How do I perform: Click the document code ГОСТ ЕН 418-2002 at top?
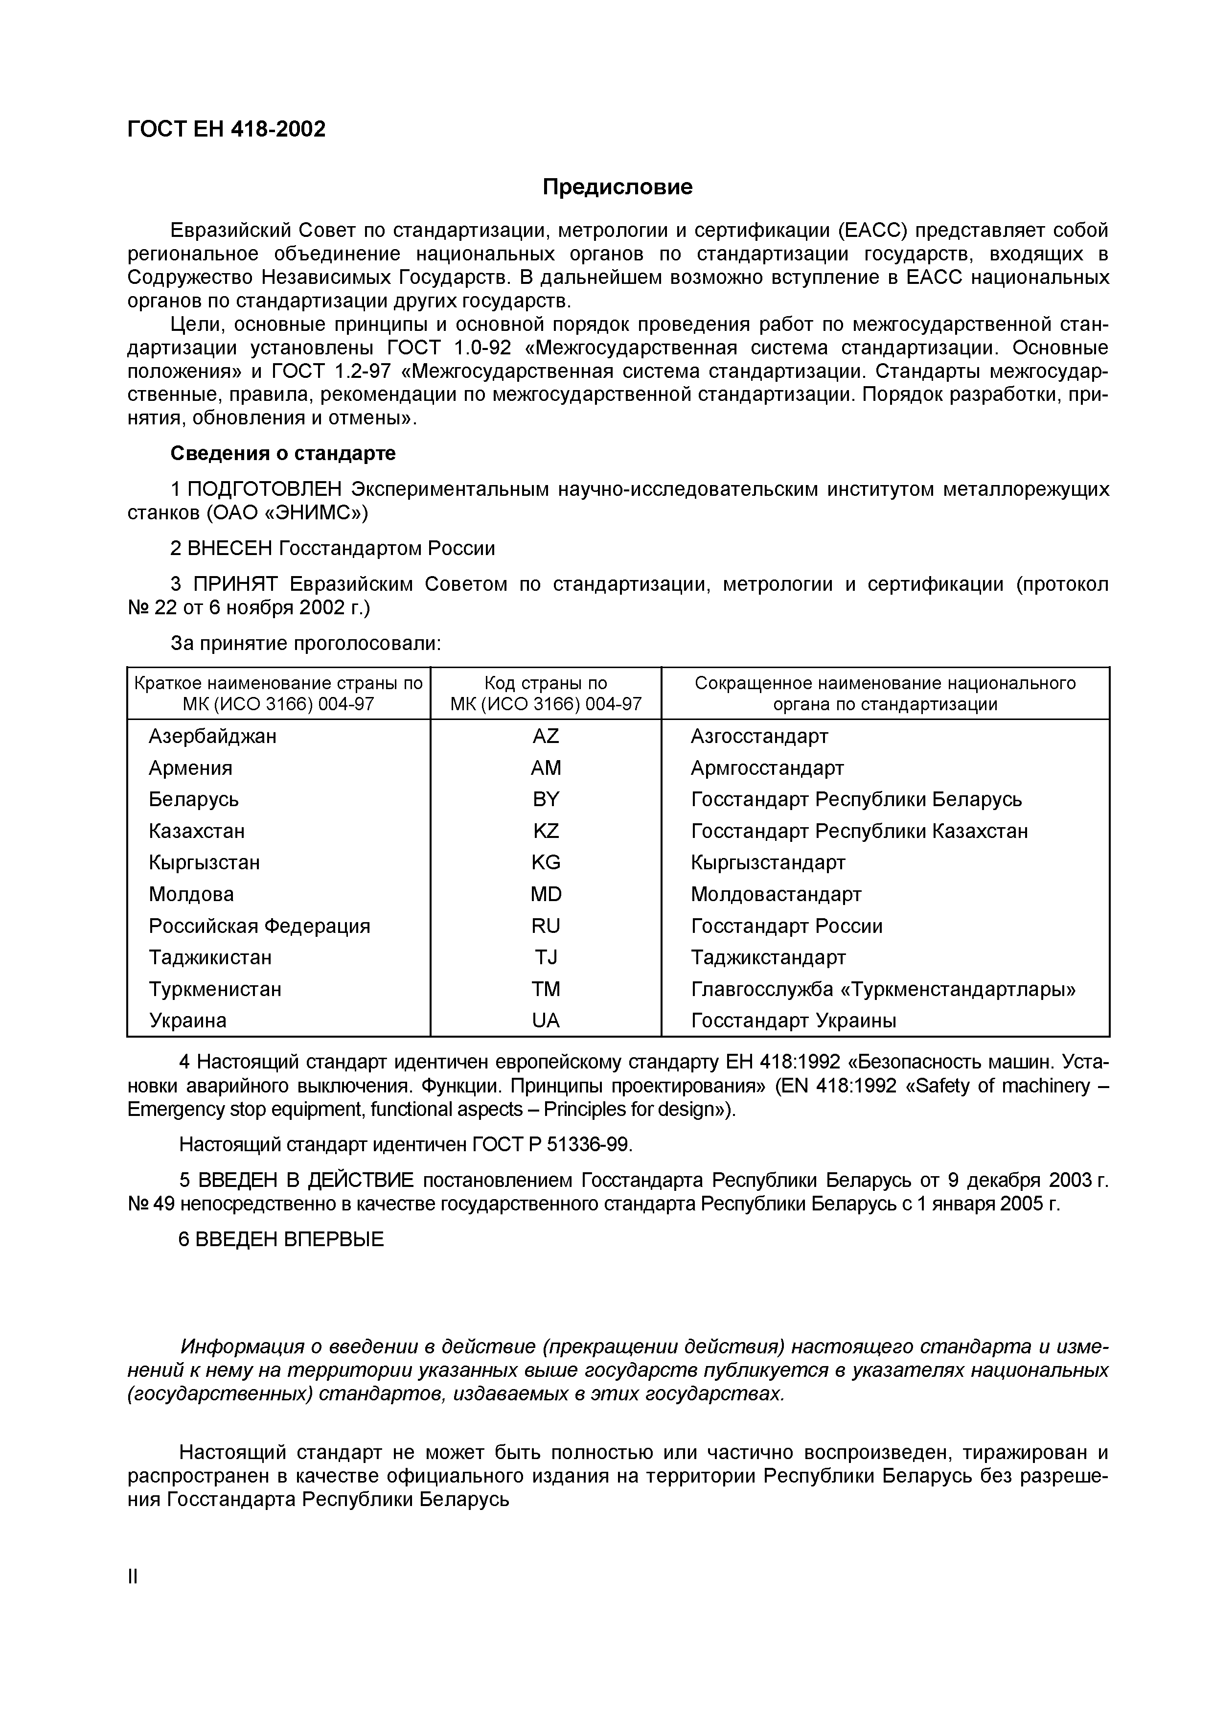(x=227, y=129)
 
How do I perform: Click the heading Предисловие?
(x=618, y=187)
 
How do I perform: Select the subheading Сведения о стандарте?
(x=283, y=454)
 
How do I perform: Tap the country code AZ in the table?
(x=546, y=737)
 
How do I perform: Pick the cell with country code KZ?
(x=546, y=832)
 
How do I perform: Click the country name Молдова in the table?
(x=191, y=894)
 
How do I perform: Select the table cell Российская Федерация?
(x=259, y=927)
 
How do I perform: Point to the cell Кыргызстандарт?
(x=768, y=863)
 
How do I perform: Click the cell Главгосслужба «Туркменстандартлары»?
(x=883, y=989)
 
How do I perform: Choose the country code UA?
(x=546, y=1021)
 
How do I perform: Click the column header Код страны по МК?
(x=546, y=693)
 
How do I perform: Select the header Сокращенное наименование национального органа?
(x=885, y=693)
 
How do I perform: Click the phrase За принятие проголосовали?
(x=306, y=644)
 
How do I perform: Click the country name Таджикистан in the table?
(x=210, y=958)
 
